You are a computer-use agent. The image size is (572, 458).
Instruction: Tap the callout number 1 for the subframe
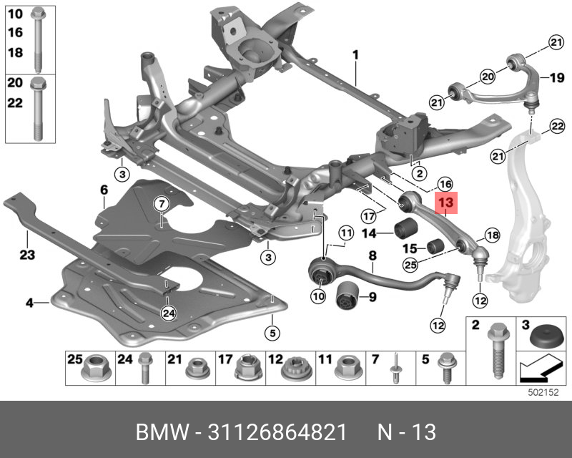355,54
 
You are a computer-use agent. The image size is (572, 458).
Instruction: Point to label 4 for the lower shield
29,303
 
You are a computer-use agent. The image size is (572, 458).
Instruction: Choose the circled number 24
168,312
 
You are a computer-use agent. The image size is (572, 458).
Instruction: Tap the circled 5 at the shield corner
271,332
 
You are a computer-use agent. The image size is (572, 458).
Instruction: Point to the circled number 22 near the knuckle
557,127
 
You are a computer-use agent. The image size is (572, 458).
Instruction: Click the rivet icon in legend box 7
395,366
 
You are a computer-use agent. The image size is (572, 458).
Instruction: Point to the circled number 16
445,182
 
